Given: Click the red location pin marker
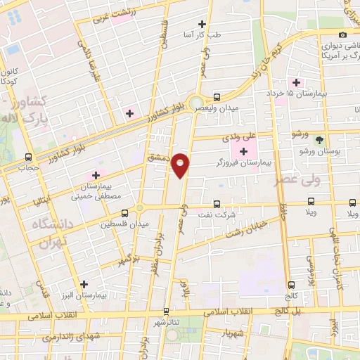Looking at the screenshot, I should pos(181,164).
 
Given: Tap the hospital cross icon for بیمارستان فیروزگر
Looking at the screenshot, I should pos(244,151).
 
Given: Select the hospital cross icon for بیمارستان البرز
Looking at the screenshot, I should pos(84,285).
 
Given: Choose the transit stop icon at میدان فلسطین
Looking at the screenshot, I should pos(124,213).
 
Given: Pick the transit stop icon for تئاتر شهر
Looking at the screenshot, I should pos(166,310).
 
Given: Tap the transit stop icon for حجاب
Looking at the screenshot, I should pos(28,157).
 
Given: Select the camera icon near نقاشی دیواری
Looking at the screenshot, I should pos(342,34).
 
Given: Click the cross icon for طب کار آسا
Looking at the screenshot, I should pos(202,25).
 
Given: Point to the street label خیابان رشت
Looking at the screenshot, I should pos(245,229).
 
